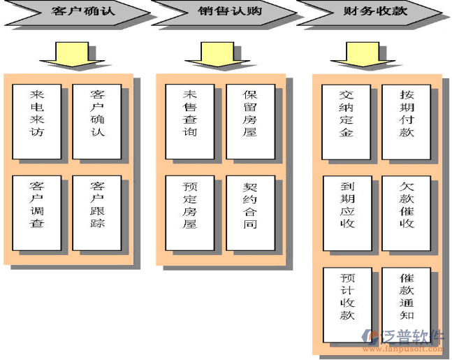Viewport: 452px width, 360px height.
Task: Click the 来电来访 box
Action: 37,121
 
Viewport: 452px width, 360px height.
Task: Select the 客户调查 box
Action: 37,213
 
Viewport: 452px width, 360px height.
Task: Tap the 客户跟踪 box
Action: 97,213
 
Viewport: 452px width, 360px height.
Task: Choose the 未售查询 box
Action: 189,121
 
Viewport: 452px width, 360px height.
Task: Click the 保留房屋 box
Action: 250,121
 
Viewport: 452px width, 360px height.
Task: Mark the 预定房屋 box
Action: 189,213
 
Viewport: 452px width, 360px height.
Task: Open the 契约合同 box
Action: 250,213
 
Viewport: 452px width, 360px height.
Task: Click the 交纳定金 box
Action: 347,121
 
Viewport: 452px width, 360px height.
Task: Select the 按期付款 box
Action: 407,121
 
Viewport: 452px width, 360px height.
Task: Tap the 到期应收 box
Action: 347,213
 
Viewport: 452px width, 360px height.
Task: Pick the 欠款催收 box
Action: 407,213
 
